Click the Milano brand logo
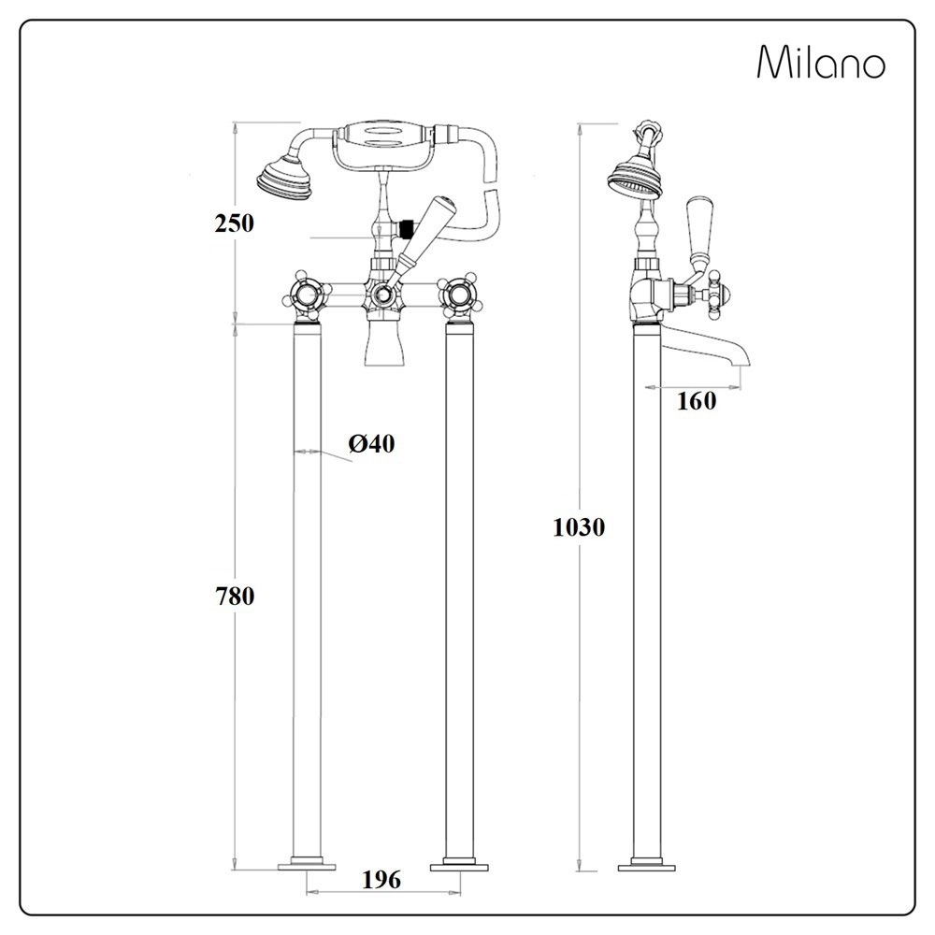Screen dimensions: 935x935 [x=820, y=63]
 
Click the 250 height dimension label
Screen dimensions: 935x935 [x=234, y=223]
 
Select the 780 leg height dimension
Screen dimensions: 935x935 [x=234, y=596]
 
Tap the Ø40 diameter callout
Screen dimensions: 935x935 [x=372, y=445]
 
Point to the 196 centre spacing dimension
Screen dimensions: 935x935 [x=381, y=879]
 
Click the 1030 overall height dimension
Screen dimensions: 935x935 [x=579, y=527]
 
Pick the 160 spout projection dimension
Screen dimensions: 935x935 [x=697, y=401]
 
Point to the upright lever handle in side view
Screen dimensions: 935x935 [x=701, y=230]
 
